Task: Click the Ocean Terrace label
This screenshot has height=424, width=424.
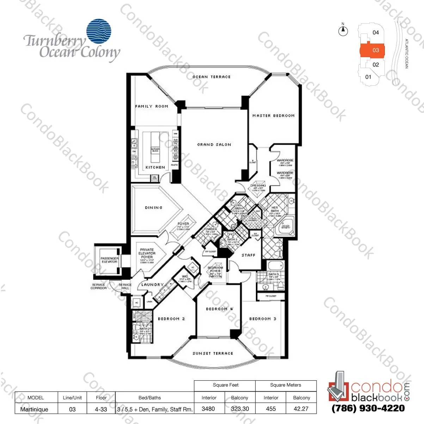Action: tap(211, 77)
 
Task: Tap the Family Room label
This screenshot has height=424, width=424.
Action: tap(152, 106)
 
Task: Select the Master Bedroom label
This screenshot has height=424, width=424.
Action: tap(274, 116)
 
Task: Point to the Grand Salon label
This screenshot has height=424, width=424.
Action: tap(214, 145)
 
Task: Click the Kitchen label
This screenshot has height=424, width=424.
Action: tap(155, 167)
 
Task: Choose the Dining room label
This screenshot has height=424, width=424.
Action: tap(154, 208)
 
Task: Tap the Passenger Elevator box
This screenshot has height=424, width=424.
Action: tap(109, 260)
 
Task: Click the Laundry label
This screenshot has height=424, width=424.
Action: tap(152, 285)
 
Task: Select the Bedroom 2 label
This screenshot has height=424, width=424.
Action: tap(171, 319)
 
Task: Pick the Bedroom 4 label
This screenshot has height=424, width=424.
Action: tap(219, 309)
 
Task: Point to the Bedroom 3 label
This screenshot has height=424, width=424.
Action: tap(263, 319)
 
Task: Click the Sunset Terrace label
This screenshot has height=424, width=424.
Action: tap(213, 353)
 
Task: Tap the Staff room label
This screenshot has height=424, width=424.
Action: tap(248, 255)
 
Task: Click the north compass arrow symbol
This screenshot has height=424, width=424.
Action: tap(343, 31)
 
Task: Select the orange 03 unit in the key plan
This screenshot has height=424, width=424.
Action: tap(373, 50)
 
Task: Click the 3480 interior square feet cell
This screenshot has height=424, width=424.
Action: tap(208, 409)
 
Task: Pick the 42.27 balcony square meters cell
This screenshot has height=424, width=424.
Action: tap(301, 409)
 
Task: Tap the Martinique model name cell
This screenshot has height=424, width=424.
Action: tap(35, 409)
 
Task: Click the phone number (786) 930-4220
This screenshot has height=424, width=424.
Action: tap(368, 409)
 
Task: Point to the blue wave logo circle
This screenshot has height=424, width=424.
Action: tap(99, 31)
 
